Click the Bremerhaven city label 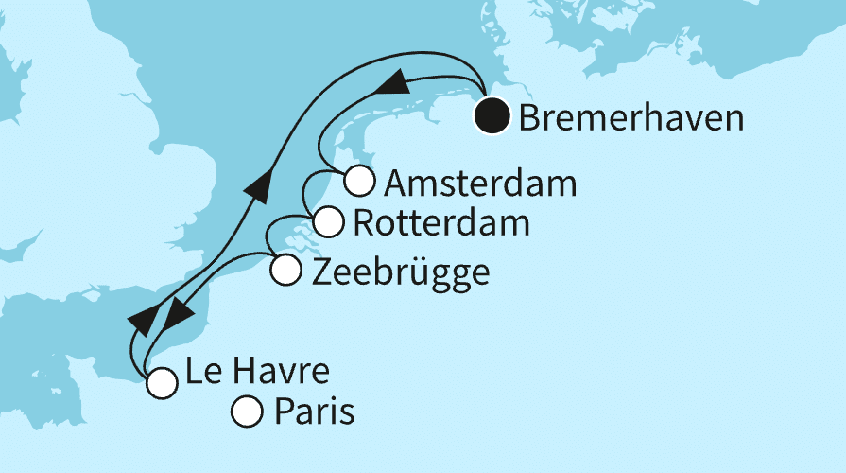point(631,119)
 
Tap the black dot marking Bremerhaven point(492,117)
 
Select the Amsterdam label point(475,183)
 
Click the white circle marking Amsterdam point(358,179)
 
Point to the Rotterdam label point(440,225)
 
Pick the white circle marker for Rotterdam point(327,223)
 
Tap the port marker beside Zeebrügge point(286,272)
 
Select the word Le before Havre point(202,373)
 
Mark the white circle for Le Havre point(162,382)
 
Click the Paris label point(314,413)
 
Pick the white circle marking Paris point(247,412)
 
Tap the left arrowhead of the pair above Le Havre point(145,321)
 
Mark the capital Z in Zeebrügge point(320,272)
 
